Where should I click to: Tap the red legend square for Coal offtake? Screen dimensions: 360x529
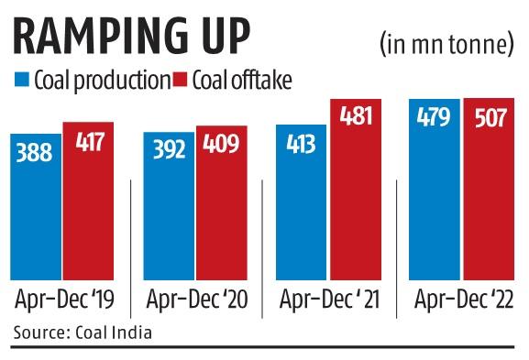[x=181, y=81]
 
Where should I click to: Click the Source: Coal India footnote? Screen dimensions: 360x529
[x=83, y=331]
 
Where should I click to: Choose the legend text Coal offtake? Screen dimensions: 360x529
[x=241, y=81]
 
